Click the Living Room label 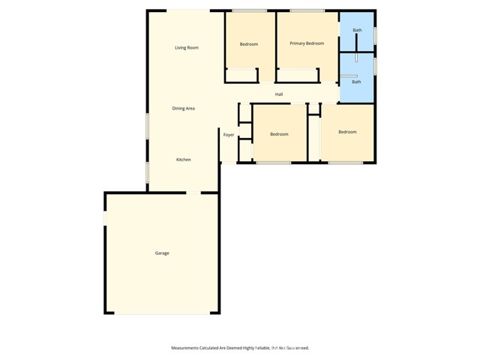coord(186,48)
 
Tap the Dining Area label coord(184,109)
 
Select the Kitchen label coord(183,160)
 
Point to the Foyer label coord(229,135)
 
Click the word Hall coord(279,94)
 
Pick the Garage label coord(162,253)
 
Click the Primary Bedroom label coord(307,43)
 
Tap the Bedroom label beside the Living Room coord(249,44)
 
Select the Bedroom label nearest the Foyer coord(279,134)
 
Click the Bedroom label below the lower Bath coord(347,132)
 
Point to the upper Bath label coord(358,30)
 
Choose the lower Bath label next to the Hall coord(356,82)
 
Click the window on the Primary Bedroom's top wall coord(307,10)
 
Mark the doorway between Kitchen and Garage coord(193,193)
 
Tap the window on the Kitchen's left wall coord(147,172)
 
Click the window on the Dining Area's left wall coord(147,125)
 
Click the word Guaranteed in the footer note coord(295,348)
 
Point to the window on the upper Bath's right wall coord(375,35)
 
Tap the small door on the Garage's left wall coord(105,217)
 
